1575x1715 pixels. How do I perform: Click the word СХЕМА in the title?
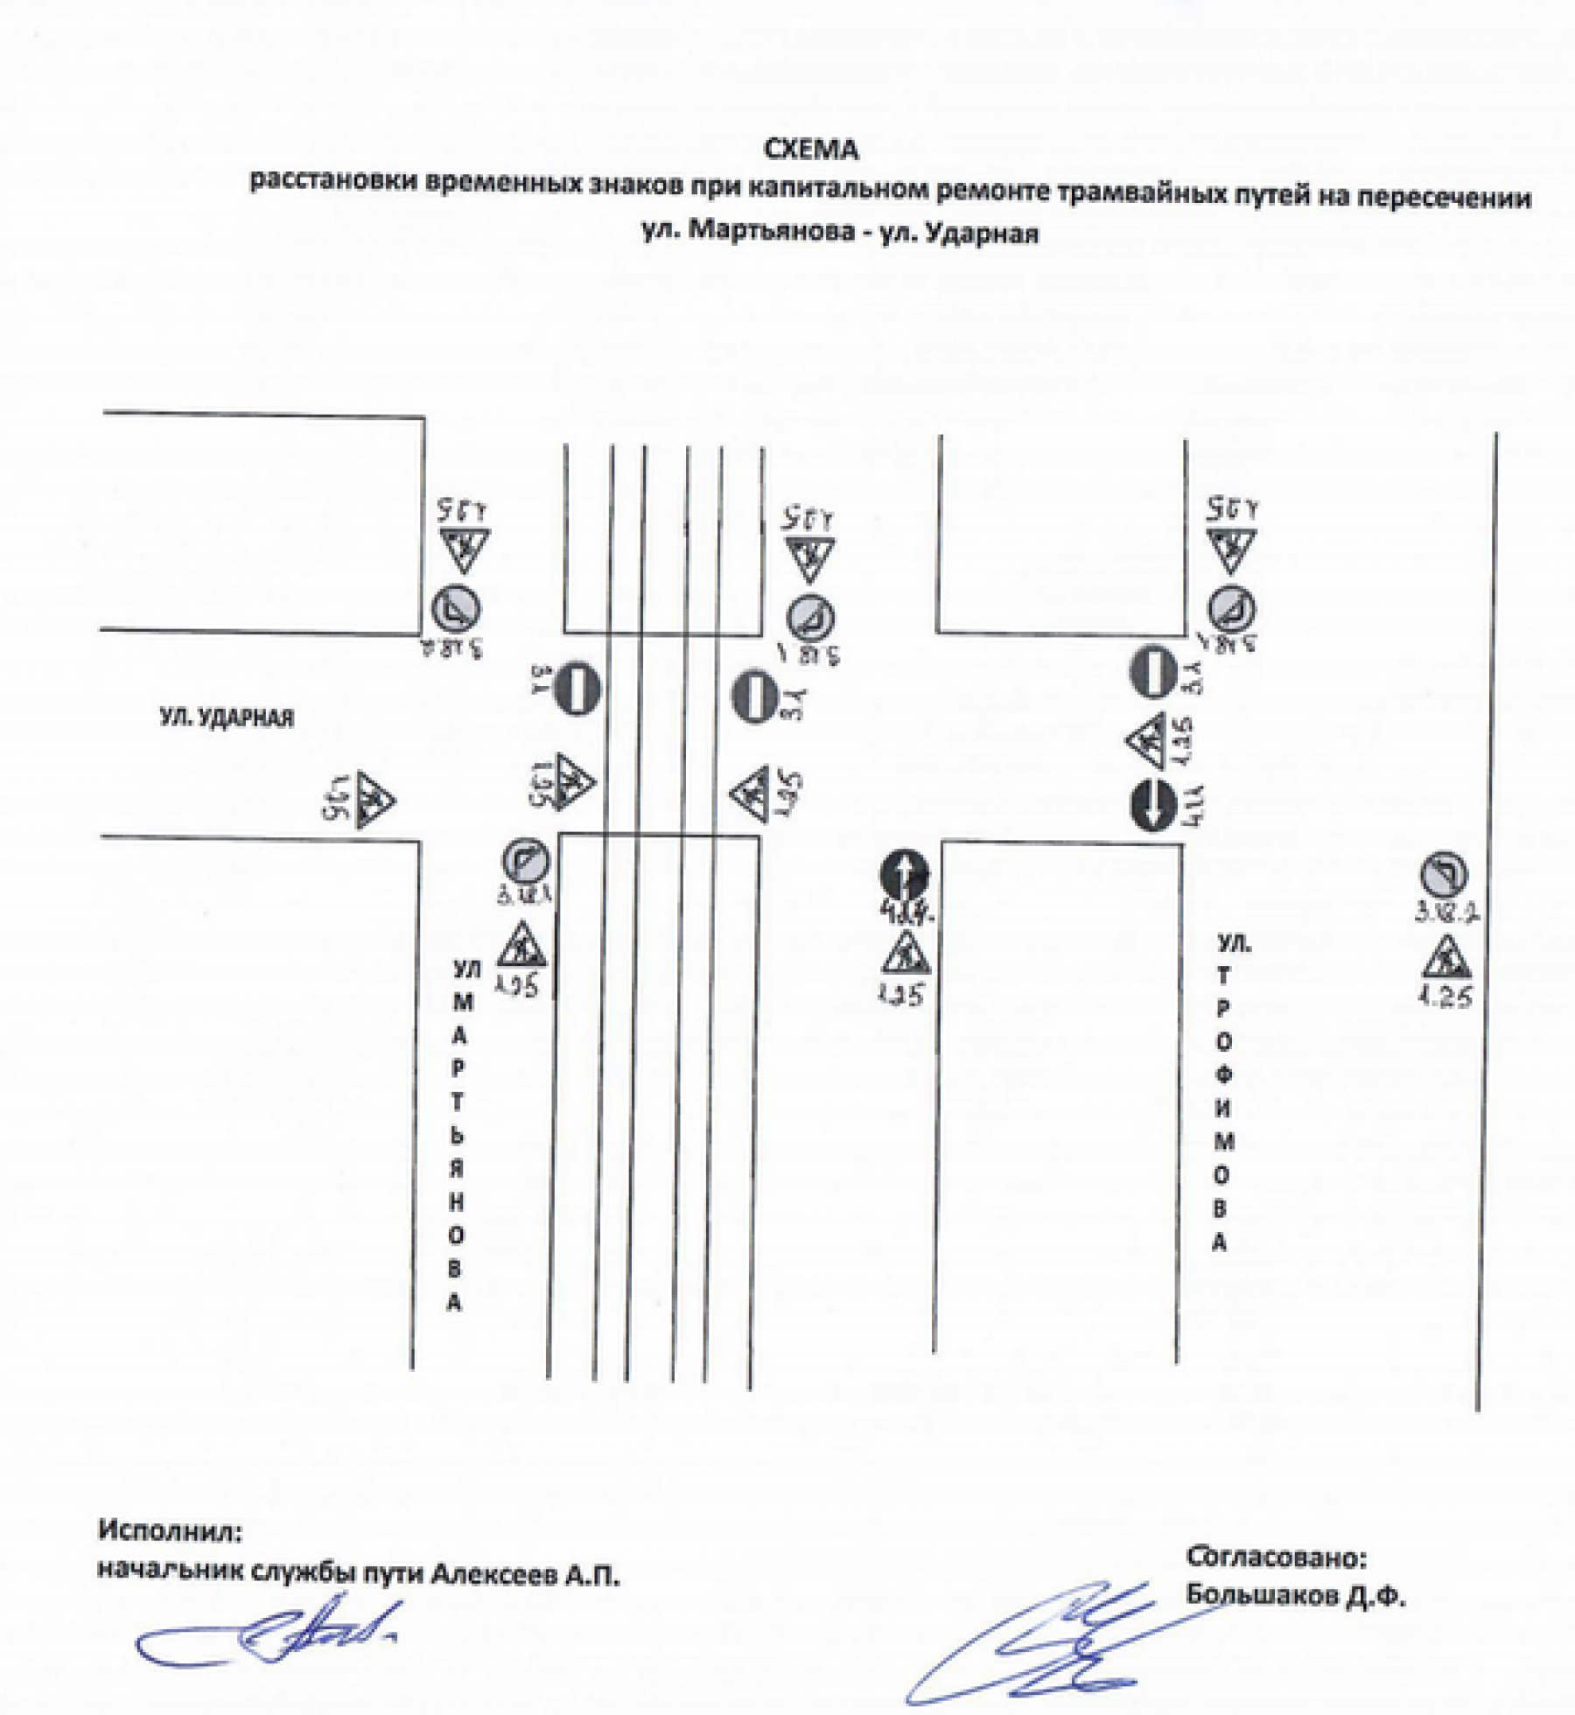click(811, 150)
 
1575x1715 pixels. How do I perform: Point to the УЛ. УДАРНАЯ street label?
click(227, 717)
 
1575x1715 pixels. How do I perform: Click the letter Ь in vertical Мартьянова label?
click(457, 1136)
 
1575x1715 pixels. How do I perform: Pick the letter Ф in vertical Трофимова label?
click(1222, 1075)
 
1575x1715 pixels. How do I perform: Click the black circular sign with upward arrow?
click(905, 873)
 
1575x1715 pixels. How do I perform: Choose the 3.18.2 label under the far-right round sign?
click(1447, 913)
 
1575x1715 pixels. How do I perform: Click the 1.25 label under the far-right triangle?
click(1445, 997)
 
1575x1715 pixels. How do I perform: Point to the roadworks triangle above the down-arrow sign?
click(1148, 741)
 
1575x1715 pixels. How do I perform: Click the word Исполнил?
click(170, 1530)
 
